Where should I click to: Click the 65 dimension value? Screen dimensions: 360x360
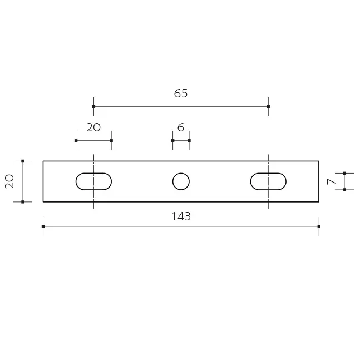tap(181, 93)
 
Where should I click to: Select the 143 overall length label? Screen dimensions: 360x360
tap(181, 216)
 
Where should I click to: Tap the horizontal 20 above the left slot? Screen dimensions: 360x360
tap(93, 127)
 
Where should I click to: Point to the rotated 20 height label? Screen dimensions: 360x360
tap(9, 181)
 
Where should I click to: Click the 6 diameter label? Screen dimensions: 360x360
tap(181, 127)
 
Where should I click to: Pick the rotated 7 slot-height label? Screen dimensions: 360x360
tap(331, 181)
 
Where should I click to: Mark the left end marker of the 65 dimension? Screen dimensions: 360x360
tap(93, 106)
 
